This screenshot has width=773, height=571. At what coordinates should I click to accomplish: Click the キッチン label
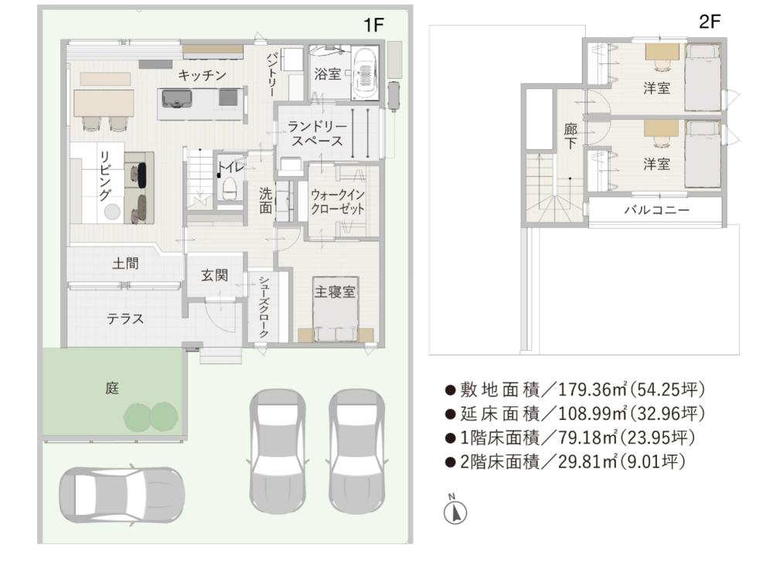pos(202,76)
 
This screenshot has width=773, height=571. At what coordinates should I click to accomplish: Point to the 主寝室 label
pos(335,291)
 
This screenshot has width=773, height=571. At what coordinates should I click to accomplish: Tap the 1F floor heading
pos(373,25)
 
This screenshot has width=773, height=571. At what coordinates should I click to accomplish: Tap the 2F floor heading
pos(710,22)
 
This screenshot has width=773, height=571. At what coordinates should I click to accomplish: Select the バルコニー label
pos(656,210)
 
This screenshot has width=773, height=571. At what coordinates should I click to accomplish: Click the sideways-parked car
pos(122,495)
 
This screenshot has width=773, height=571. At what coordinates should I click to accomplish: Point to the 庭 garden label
pos(112,388)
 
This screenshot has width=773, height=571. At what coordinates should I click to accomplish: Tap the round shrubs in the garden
pos(151,416)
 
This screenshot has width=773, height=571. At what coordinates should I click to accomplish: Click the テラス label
pos(125,319)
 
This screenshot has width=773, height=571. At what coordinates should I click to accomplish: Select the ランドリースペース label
pos(317,134)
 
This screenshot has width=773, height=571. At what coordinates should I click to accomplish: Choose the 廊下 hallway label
pos(570,136)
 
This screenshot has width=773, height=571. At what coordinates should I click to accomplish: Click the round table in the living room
pos(112,212)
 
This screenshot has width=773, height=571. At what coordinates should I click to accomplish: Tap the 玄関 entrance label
pos(214,275)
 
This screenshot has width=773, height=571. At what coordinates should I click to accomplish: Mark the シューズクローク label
pos(264,307)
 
